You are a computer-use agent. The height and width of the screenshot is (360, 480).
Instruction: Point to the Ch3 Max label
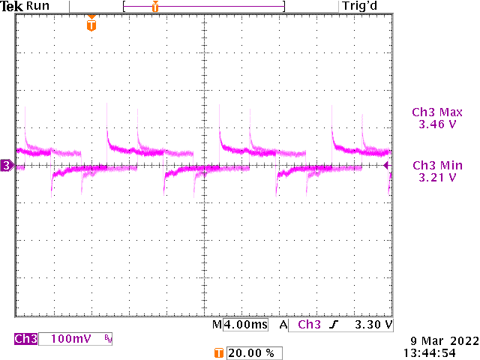point(436,112)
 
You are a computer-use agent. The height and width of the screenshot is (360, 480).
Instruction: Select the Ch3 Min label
point(436,165)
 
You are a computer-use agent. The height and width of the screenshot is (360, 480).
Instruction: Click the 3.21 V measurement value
point(436,178)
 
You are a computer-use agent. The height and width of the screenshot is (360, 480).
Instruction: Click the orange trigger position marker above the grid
point(91,25)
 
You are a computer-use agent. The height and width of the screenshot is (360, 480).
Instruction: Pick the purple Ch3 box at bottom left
point(25,339)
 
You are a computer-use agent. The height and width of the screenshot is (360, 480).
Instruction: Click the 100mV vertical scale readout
point(70,339)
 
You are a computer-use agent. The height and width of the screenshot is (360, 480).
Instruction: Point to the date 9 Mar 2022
point(437,340)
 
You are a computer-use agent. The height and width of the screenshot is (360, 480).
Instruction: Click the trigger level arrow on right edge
point(387,165)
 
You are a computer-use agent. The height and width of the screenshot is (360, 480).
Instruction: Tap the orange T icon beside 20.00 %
point(218,352)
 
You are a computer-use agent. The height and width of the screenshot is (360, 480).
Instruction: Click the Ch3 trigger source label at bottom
point(309,325)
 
